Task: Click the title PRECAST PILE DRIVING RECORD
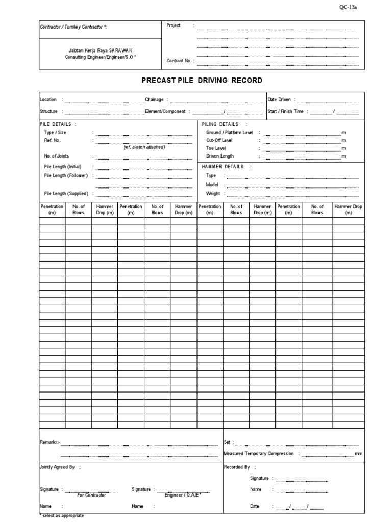pyautogui.click(x=202, y=81)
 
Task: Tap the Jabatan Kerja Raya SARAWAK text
pyautogui.click(x=101, y=51)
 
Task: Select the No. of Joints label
pyautogui.click(x=57, y=156)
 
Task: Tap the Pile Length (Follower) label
pyautogui.click(x=66, y=176)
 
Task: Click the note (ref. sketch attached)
pyautogui.click(x=144, y=147)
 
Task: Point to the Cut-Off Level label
pyautogui.click(x=219, y=140)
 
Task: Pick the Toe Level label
pyautogui.click(x=216, y=148)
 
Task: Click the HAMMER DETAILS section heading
pyautogui.click(x=223, y=167)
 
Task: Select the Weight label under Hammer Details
pyautogui.click(x=213, y=194)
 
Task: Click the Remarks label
pyautogui.click(x=49, y=442)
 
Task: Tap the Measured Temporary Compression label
pyautogui.click(x=259, y=453)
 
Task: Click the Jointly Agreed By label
pyautogui.click(x=57, y=467)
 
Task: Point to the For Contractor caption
pyautogui.click(x=92, y=495)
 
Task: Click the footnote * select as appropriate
pyautogui.click(x=62, y=516)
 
